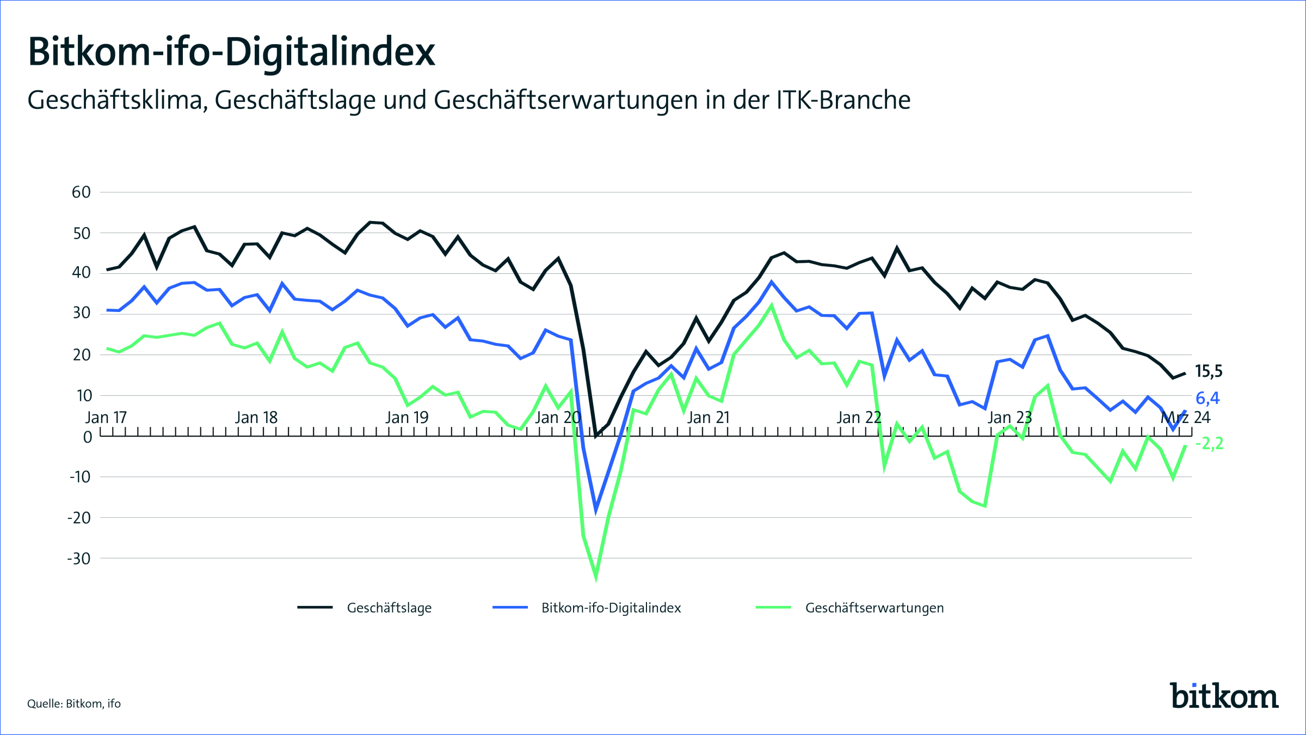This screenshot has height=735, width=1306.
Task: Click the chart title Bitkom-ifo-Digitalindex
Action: pyautogui.click(x=231, y=52)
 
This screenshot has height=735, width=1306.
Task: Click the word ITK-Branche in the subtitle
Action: pyautogui.click(x=843, y=100)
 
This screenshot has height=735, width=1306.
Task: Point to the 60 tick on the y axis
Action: pyautogui.click(x=81, y=192)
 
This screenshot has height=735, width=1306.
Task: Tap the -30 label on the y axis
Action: pyautogui.click(x=79, y=559)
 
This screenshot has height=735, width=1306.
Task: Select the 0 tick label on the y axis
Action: pyautogui.click(x=87, y=437)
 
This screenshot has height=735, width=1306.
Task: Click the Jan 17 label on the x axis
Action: pyautogui.click(x=106, y=418)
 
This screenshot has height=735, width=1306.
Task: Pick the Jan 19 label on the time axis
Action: pyautogui.click(x=407, y=418)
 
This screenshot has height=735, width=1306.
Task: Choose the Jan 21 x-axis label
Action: pyautogui.click(x=708, y=418)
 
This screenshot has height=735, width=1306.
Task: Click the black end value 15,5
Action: pyautogui.click(x=1208, y=372)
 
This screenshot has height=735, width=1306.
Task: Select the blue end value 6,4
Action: pyautogui.click(x=1208, y=399)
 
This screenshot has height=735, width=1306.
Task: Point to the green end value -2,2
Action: pyautogui.click(x=1209, y=444)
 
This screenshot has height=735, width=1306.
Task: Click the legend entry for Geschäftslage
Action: pyautogui.click(x=389, y=608)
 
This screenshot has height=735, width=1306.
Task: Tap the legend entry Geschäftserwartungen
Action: pyautogui.click(x=874, y=608)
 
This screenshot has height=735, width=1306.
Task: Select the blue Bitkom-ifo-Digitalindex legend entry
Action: pyautogui.click(x=611, y=608)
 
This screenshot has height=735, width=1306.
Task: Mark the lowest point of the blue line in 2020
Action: pyautogui.click(x=596, y=510)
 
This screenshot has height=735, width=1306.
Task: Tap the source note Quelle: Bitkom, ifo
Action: pyautogui.click(x=74, y=704)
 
